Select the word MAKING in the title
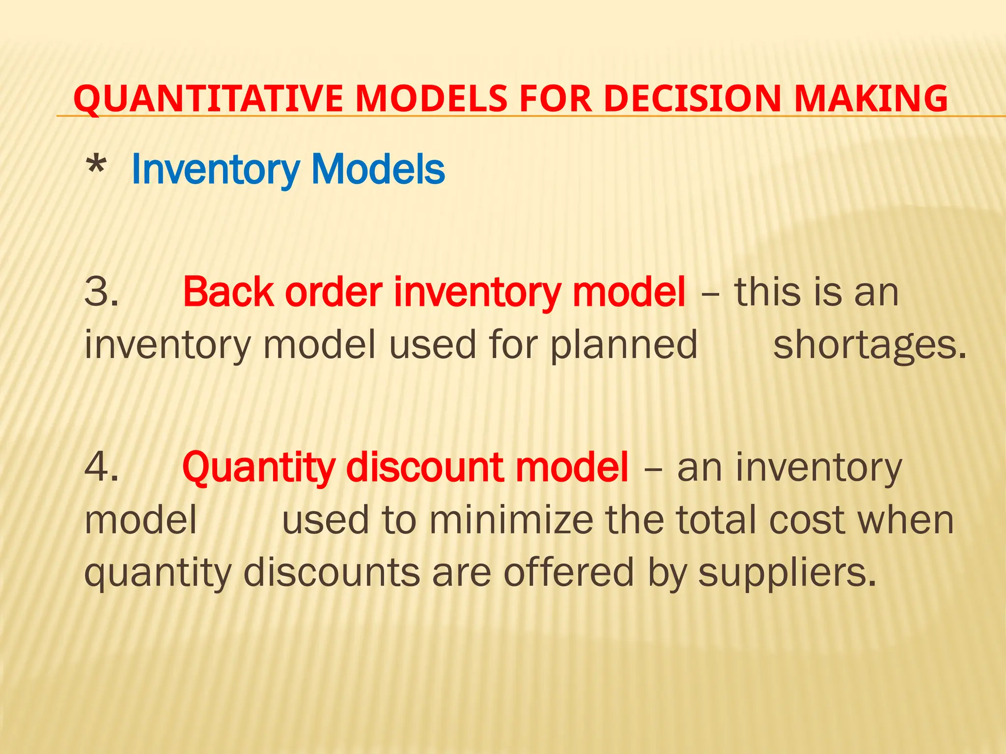[x=871, y=99]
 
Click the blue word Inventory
[x=215, y=170]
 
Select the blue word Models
[x=378, y=170]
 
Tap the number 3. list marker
[x=101, y=292]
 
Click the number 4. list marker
[x=101, y=467]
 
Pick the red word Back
[x=228, y=292]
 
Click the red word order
[x=334, y=292]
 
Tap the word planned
[x=623, y=346]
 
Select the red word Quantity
[x=259, y=468]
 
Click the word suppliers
[x=787, y=573]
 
